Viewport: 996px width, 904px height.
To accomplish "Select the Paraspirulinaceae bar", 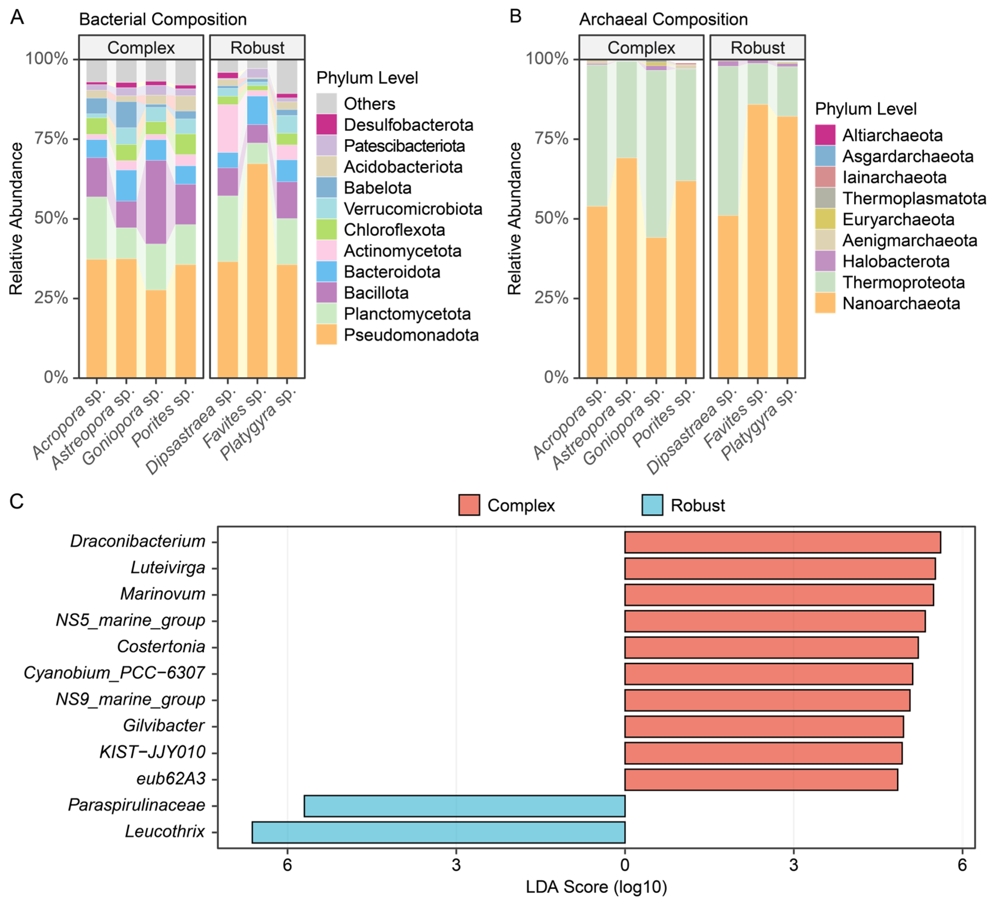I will click(x=464, y=806).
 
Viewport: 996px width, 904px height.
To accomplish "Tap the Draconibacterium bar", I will click(x=782, y=542).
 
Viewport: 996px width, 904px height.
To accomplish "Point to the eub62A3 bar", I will click(x=761, y=779).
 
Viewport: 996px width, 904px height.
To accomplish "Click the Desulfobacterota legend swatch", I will click(x=326, y=125).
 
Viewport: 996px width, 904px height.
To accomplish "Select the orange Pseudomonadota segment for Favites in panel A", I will click(x=257, y=271).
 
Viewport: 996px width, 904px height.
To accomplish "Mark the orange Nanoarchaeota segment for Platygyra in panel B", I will click(x=787, y=247).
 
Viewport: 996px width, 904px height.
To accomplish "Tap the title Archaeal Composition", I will click(x=663, y=19).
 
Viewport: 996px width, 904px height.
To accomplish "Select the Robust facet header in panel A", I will click(x=257, y=48).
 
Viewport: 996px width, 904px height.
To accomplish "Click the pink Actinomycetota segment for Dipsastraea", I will click(x=228, y=128).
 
